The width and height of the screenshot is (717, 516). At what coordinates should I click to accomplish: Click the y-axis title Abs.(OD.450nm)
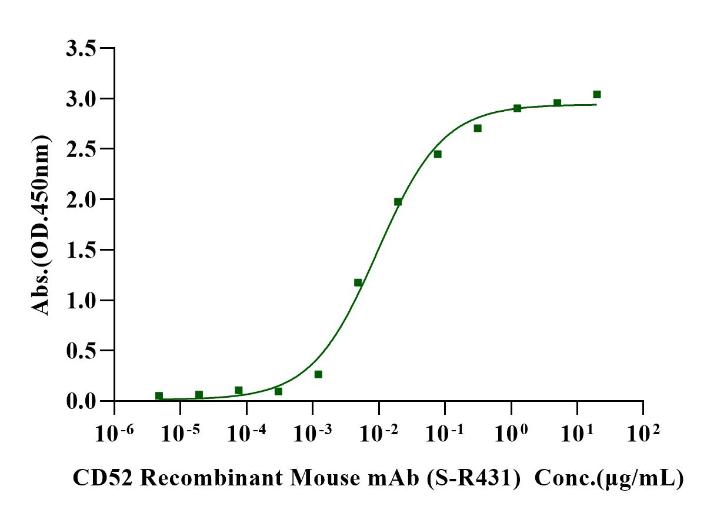(41, 224)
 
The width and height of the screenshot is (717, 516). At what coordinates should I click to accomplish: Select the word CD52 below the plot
(104, 478)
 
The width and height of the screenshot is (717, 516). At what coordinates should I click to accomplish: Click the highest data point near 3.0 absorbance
(597, 94)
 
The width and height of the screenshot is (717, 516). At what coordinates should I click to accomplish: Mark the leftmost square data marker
(159, 396)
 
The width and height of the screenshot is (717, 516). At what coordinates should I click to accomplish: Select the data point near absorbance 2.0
(398, 202)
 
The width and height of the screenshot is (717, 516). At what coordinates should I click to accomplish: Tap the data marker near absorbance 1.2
(358, 282)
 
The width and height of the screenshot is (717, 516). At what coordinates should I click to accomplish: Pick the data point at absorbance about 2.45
(438, 154)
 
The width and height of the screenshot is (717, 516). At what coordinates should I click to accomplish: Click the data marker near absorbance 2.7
(478, 128)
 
